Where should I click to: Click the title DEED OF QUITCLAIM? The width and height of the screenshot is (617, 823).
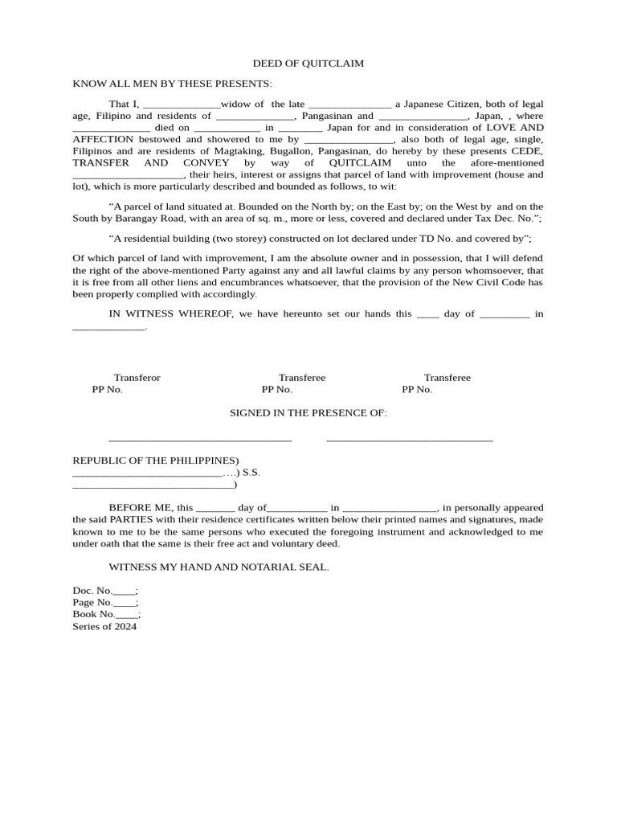click(x=308, y=63)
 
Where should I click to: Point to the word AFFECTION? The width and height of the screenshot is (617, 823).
click(x=98, y=139)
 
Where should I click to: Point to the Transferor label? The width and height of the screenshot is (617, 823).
click(x=137, y=378)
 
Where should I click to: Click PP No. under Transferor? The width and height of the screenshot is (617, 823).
click(x=108, y=390)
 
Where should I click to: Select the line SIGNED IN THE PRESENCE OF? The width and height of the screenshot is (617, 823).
click(x=308, y=413)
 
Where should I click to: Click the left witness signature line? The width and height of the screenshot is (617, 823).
click(x=200, y=440)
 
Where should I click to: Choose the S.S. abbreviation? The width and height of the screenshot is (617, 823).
click(x=251, y=473)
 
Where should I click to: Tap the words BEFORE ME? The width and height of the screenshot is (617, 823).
click(x=141, y=508)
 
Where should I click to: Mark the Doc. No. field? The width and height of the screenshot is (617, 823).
click(x=105, y=591)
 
